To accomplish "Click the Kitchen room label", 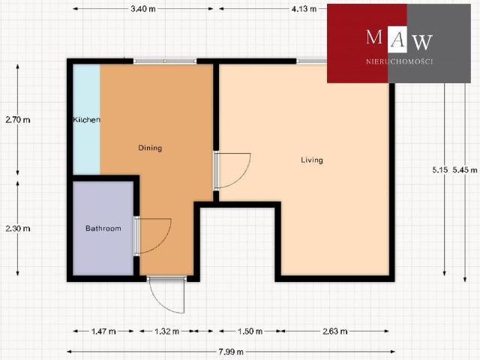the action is click(x=87, y=119).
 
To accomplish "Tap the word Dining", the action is click(x=150, y=148).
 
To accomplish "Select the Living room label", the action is click(x=312, y=160).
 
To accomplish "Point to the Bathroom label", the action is click(x=103, y=228).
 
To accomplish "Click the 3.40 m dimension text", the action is click(x=143, y=9).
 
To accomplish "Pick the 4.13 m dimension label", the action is click(x=304, y=9).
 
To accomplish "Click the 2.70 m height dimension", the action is click(x=18, y=120).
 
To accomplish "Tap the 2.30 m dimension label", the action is click(x=18, y=228).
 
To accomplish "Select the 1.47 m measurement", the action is click(x=103, y=331).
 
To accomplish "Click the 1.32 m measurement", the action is click(x=166, y=331).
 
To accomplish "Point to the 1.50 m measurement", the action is click(x=250, y=331).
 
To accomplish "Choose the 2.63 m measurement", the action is click(x=335, y=331).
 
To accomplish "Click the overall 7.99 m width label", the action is click(x=231, y=352).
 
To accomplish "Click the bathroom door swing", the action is click(x=153, y=236).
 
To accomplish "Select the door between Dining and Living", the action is click(x=232, y=170).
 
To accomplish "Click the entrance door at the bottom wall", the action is click(x=166, y=295).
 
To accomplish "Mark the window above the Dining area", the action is click(x=165, y=61).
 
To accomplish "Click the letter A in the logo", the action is click(x=397, y=40).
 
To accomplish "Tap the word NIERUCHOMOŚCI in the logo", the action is click(x=400, y=61).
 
